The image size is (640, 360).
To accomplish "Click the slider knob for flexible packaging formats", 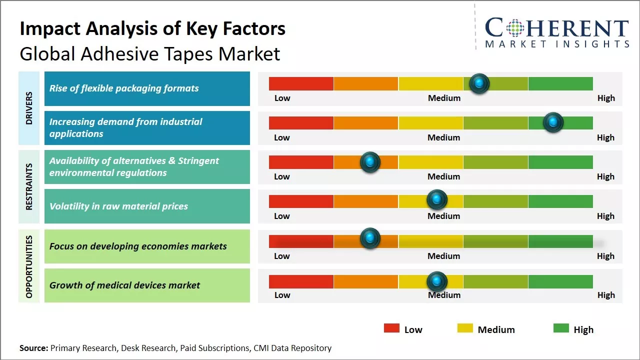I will point(479,83).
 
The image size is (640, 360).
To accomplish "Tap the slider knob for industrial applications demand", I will point(553,122).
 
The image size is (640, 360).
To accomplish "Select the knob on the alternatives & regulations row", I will point(370,161).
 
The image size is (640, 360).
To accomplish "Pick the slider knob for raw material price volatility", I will point(437,199).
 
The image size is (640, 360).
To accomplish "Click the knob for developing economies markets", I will point(370,238).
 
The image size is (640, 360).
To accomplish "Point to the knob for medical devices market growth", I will point(437,281).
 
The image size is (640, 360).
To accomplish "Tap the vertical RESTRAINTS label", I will point(29,186).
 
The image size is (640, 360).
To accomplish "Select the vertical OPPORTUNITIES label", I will point(29,266).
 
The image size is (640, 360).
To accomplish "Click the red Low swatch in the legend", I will point(391,328).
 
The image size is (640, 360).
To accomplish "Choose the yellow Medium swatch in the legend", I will point(465,328).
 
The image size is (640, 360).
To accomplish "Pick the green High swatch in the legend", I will point(561,328).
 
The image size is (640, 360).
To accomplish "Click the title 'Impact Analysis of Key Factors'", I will point(152,29).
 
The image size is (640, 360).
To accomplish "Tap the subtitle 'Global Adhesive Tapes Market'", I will point(149,53).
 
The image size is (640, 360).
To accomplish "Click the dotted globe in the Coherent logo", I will point(514,28).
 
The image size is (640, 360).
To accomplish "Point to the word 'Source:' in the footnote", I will point(34,348).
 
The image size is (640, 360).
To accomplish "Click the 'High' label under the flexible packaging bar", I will point(606,98).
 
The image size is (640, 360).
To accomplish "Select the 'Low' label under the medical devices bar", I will point(282,295).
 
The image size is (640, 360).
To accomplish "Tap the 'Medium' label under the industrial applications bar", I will point(444,137).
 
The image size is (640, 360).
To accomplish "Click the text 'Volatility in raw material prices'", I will point(118,206).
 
